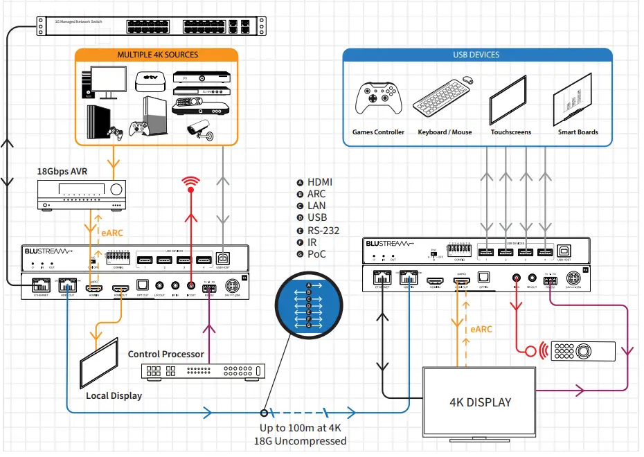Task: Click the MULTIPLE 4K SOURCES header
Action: click(x=157, y=55)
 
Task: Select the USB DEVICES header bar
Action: click(x=476, y=55)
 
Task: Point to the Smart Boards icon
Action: click(x=575, y=99)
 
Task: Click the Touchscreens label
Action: click(x=510, y=132)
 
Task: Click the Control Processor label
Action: click(x=166, y=354)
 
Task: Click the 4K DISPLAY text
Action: click(x=479, y=402)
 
